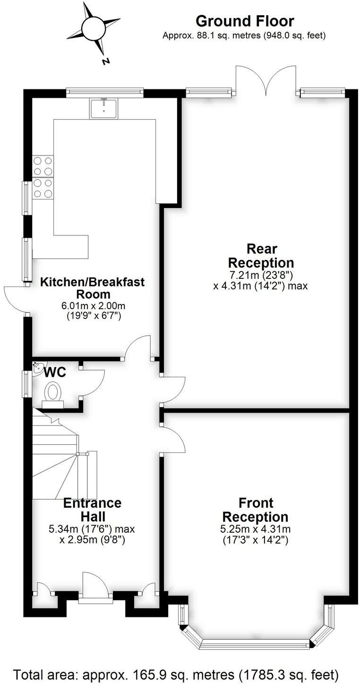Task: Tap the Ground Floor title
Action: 244,21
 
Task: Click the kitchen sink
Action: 103,108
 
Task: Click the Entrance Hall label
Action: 92,509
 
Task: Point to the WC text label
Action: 55,372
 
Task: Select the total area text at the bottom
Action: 176,673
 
